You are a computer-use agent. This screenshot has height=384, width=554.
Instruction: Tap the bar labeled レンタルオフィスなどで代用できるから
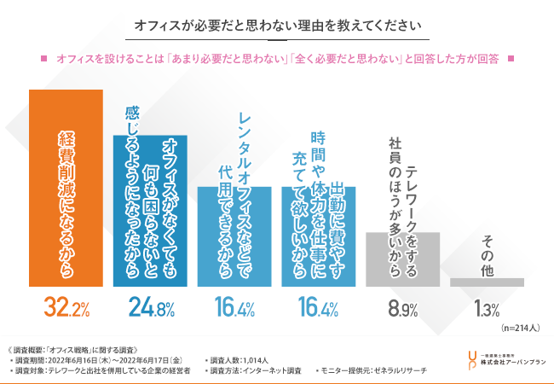point(234,236)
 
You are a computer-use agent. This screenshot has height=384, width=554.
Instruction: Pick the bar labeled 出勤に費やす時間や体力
point(319,236)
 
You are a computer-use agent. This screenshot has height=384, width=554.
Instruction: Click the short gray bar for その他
point(487,281)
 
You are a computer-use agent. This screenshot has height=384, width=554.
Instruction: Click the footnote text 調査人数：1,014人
point(246,359)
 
